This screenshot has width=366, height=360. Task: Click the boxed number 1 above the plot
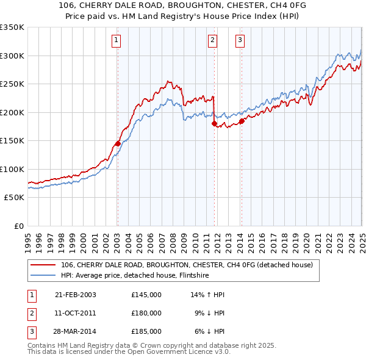click(116, 41)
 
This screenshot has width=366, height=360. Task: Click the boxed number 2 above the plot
click(212, 41)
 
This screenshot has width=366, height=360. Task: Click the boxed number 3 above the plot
click(240, 41)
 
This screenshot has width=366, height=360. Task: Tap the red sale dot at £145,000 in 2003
click(118, 143)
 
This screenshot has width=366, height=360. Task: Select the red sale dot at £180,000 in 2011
click(214, 123)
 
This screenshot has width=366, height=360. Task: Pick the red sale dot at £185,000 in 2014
click(242, 121)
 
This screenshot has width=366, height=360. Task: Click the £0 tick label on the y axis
click(18, 226)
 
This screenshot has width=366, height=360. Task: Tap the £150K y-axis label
click(12, 140)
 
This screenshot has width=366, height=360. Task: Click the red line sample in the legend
click(43, 265)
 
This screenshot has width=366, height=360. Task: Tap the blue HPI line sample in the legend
click(43, 275)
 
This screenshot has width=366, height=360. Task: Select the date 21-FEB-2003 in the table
click(75, 295)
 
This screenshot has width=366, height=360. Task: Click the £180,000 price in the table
click(146, 314)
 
